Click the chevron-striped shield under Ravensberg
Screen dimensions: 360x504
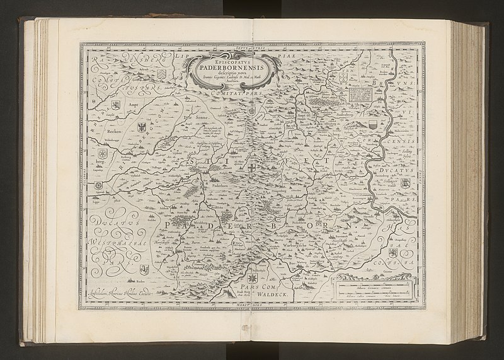click(162, 76)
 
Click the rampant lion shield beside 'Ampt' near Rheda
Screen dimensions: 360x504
click(115, 105)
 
